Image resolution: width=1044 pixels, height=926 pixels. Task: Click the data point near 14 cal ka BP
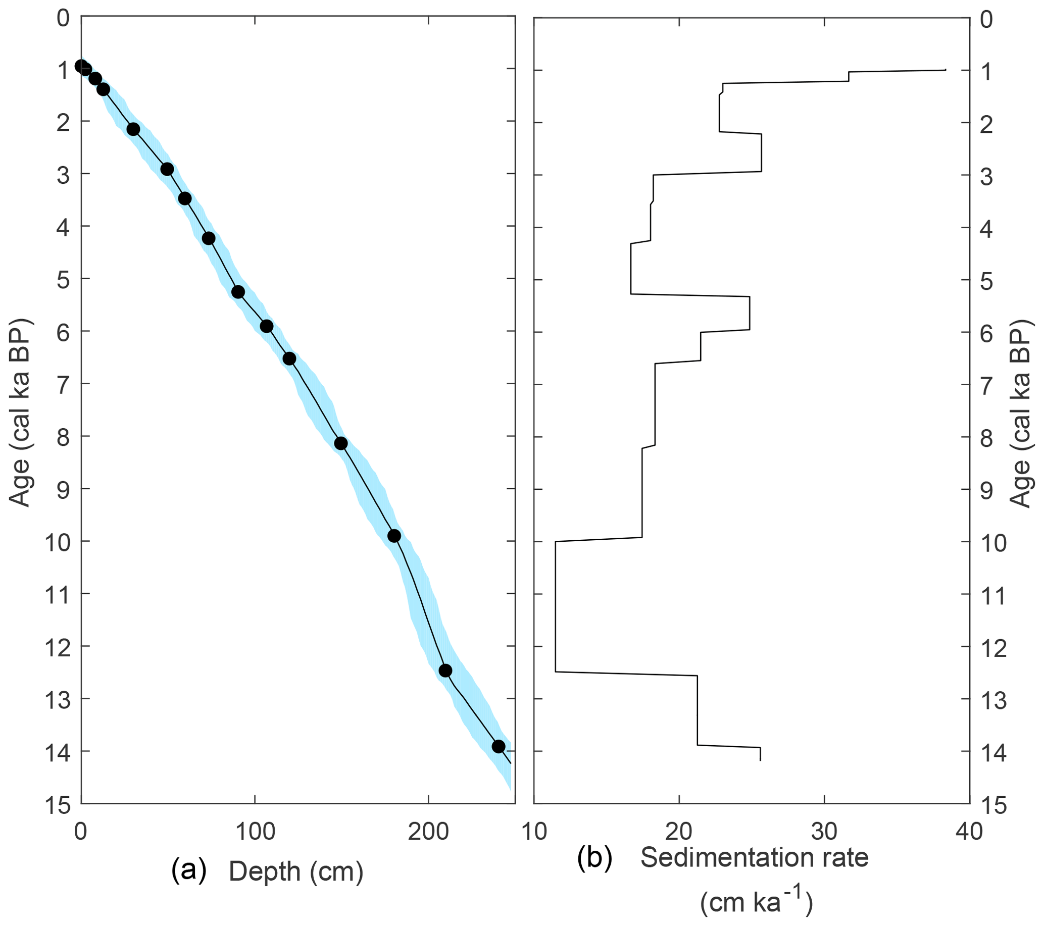[499, 746]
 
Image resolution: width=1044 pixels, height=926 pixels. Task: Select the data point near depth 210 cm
[445, 670]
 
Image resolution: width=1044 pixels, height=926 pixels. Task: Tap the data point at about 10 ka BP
[394, 536]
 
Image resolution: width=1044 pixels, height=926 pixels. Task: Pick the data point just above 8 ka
[341, 444]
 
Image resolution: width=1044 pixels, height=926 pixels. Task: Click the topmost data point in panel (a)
[81, 66]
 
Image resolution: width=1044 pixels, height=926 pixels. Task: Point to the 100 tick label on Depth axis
[255, 832]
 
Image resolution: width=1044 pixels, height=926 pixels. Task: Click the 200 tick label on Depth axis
[428, 832]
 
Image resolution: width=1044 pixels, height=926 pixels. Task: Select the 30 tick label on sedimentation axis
[824, 832]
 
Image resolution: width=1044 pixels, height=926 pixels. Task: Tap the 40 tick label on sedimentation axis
[969, 832]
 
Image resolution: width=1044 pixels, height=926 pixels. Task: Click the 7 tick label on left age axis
[62, 385]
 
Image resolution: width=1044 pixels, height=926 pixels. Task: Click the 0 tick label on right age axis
[987, 20]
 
